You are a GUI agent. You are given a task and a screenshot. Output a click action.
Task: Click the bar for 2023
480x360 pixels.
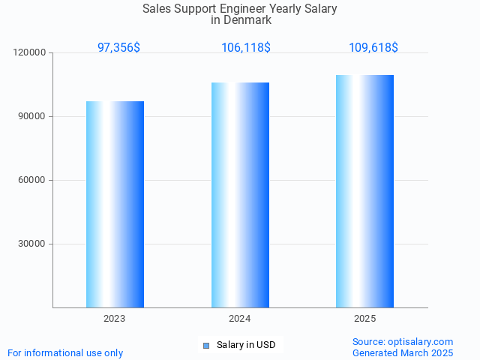coord(115,204)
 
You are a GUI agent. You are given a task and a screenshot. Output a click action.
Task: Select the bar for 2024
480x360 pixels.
coord(240,195)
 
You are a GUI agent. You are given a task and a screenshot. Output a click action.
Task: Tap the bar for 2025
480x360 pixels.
coord(365,191)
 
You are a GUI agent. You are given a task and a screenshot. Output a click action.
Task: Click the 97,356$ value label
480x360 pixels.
coord(118,47)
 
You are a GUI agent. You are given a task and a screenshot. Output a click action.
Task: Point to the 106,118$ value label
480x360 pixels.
coord(245,47)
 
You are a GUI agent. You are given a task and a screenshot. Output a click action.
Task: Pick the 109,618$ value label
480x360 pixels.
coord(373,47)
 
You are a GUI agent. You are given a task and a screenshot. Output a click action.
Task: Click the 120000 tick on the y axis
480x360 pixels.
coord(31,52)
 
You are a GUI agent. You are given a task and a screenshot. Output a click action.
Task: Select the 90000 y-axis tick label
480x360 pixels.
coord(33,116)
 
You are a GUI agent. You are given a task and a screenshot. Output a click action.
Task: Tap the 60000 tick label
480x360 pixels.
coord(33,180)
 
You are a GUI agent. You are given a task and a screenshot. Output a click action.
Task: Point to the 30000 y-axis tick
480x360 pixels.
coord(33,244)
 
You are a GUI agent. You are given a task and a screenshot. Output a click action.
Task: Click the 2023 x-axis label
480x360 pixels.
coord(115,319)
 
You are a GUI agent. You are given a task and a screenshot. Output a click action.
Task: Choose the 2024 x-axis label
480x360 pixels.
coord(240,319)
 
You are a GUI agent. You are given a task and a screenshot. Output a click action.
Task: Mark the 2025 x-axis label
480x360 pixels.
coord(365,319)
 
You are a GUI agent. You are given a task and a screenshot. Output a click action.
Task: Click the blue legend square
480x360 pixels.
coord(206,345)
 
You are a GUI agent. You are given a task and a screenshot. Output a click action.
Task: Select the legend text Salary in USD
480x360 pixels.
coord(246,345)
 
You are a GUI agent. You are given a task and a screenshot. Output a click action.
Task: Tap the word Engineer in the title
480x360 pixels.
coord(256,9)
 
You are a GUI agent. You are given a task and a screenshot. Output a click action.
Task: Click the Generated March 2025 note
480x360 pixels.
coord(403,352)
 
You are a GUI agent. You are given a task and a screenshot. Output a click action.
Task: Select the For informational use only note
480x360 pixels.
coord(65,352)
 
